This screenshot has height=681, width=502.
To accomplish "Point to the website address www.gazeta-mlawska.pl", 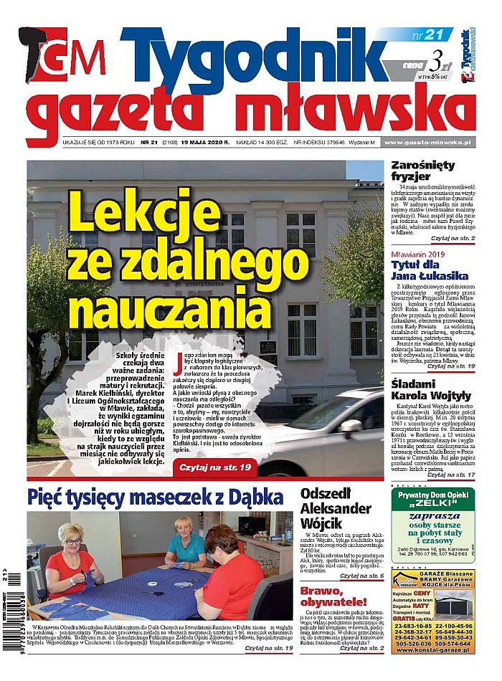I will [x=427, y=143].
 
